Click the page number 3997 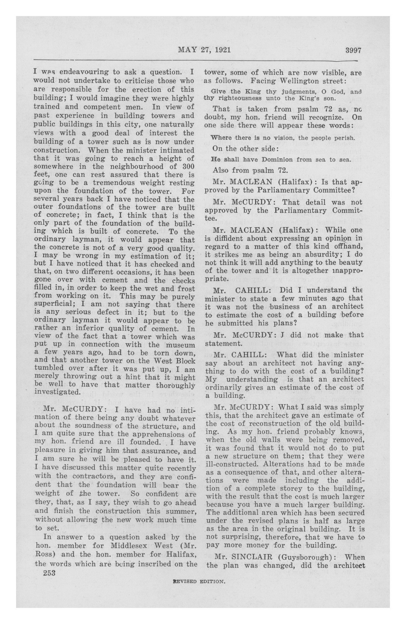pos(353,50)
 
